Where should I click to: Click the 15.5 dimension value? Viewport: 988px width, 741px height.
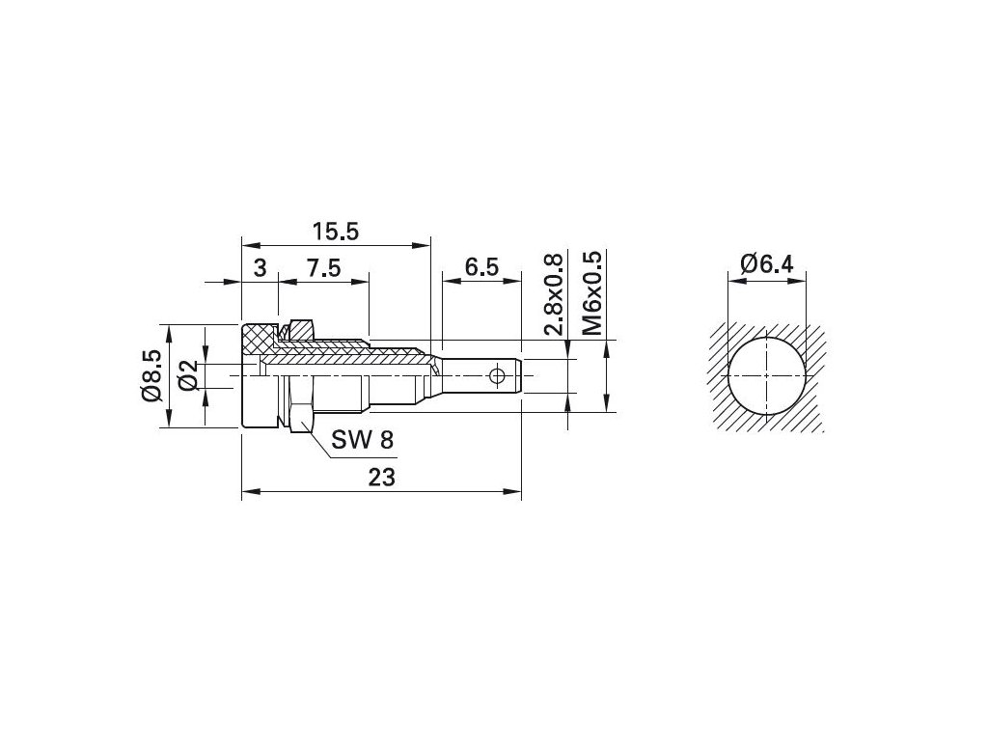(336, 232)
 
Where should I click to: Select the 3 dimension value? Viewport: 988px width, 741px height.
(260, 268)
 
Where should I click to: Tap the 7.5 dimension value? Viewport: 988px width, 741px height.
(323, 268)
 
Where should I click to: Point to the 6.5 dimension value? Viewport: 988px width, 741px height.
(482, 267)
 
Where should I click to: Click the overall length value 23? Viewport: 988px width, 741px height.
(381, 478)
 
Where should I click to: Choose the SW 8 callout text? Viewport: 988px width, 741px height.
(363, 439)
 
